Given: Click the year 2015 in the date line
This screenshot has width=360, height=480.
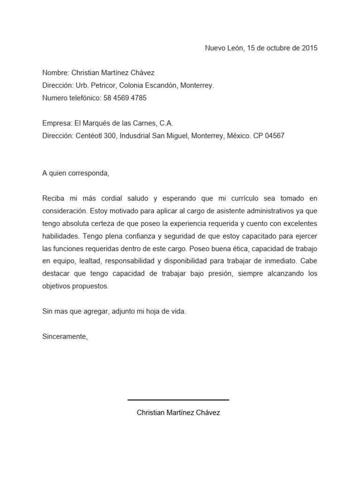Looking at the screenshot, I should tap(309, 48).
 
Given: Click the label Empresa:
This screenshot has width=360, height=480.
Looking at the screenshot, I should tap(57, 123).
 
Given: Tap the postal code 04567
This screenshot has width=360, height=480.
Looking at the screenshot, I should tap(274, 136).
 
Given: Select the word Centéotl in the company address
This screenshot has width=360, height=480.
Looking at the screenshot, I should tap(90, 136).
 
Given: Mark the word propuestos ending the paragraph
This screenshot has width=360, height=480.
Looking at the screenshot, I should tap(90, 286).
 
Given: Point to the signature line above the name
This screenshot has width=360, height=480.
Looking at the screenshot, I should tap(178, 400).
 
